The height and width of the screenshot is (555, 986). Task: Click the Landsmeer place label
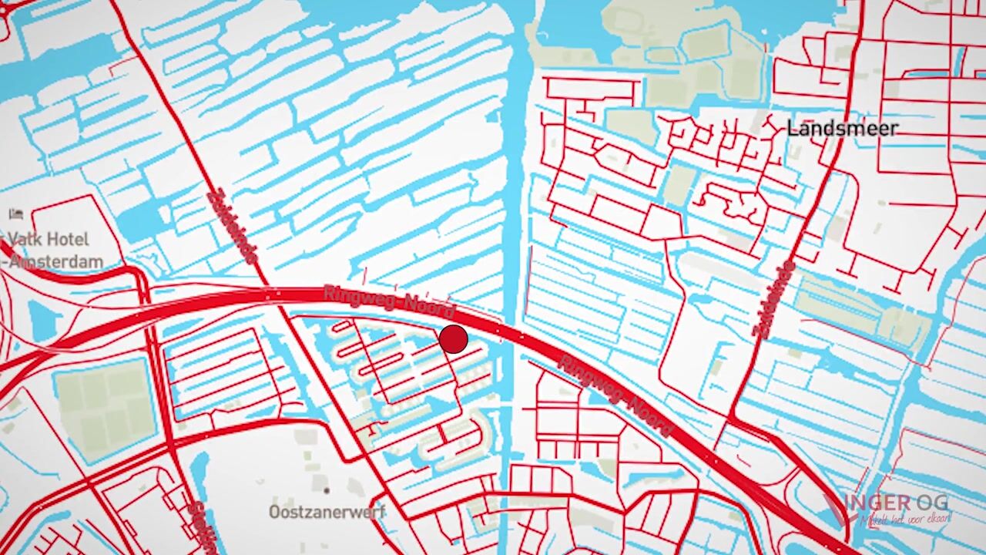[x=842, y=128]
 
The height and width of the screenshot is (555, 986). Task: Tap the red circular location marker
[x=454, y=339]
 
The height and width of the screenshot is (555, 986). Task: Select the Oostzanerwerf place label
[x=327, y=511]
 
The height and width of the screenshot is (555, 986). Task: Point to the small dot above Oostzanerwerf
[x=327, y=490]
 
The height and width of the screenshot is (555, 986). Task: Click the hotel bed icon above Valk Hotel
[x=16, y=214]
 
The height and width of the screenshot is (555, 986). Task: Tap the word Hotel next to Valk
[x=69, y=240]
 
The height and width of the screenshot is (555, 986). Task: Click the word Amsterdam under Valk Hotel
[x=55, y=261]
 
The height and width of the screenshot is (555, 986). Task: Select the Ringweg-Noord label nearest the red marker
[x=389, y=302]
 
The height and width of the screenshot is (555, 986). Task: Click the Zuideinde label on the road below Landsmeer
[x=773, y=299]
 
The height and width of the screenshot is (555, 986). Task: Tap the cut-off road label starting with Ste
[x=200, y=528]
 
